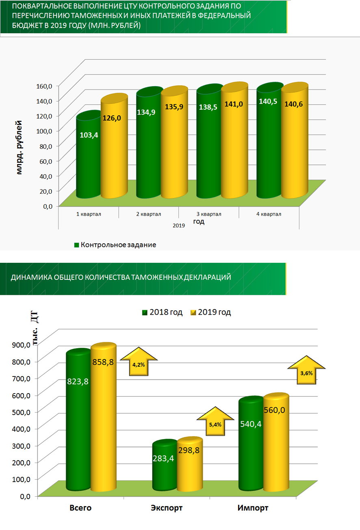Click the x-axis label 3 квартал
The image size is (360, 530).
[209, 214]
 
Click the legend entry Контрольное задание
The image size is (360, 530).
[118, 245]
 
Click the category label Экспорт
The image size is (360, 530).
[167, 508]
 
